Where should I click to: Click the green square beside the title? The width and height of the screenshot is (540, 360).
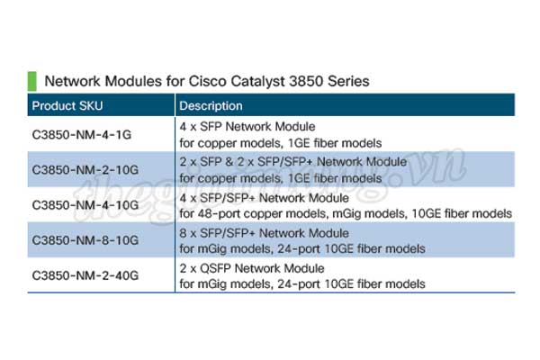click(32, 81)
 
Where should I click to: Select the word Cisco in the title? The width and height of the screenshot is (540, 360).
click(207, 81)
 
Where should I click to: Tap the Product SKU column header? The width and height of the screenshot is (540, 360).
click(67, 106)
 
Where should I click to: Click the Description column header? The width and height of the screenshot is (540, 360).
click(211, 106)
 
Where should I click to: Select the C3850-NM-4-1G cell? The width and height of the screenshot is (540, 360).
click(82, 135)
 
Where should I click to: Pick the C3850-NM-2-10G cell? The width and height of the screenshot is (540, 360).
click(85, 170)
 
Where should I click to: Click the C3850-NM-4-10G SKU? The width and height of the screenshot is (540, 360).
click(85, 205)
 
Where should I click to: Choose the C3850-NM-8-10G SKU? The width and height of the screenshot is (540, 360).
click(85, 240)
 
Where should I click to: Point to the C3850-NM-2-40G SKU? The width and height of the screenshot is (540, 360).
click(85, 275)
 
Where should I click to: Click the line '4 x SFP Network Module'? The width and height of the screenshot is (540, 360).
click(247, 127)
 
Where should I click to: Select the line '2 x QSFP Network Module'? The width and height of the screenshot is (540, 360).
click(252, 268)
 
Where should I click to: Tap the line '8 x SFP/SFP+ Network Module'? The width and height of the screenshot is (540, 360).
click(264, 233)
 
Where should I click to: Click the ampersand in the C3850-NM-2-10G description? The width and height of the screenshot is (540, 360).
click(229, 162)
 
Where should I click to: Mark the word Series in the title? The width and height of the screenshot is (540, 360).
click(348, 81)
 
